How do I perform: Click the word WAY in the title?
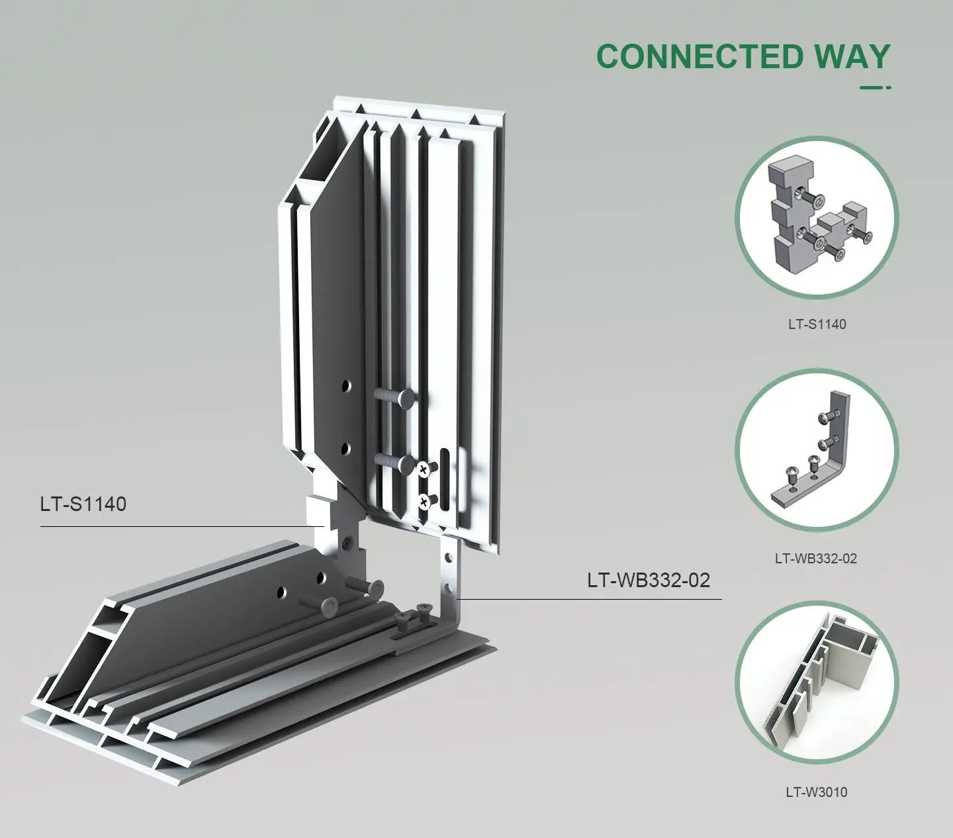click(x=853, y=56)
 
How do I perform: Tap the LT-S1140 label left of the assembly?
click(x=83, y=504)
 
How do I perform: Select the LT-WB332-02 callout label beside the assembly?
click(x=649, y=580)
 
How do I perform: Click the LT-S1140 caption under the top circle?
click(x=817, y=324)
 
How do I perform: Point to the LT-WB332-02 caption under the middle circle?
click(x=816, y=559)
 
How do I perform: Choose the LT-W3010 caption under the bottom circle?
click(x=817, y=792)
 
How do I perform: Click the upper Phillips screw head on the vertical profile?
click(x=424, y=469)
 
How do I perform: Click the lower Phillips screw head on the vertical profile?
click(x=424, y=502)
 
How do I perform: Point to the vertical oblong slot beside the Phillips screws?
click(x=445, y=479)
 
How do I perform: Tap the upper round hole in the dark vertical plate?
click(x=346, y=387)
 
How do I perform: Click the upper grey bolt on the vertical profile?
click(x=394, y=398)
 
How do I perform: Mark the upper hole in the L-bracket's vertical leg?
click(x=448, y=558)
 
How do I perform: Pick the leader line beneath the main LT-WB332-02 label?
click(x=590, y=599)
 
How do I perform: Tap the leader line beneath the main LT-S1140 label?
click(x=183, y=526)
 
